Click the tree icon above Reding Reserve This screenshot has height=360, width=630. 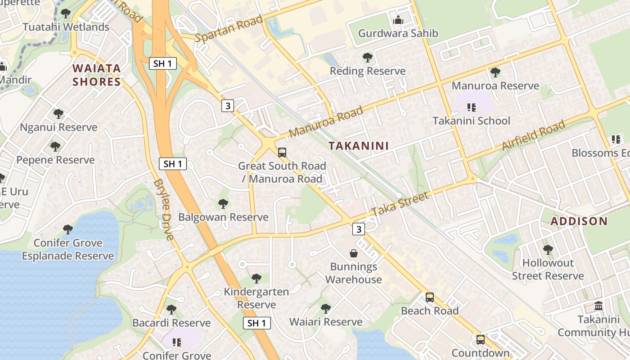point(368,58)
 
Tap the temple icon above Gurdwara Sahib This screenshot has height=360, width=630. point(398,20)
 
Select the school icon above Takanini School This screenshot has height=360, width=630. point(471,108)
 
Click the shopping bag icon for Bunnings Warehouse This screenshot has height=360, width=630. point(354,253)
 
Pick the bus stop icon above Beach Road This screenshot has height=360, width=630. point(430,297)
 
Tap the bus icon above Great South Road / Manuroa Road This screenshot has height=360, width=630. point(282,153)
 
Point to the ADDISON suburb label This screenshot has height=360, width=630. point(579,221)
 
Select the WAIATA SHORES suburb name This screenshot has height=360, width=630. point(97,75)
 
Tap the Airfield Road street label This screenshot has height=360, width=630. point(533,136)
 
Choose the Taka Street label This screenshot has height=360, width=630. point(400,204)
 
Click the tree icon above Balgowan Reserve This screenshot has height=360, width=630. point(223,204)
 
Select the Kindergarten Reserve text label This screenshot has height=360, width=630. point(256,298)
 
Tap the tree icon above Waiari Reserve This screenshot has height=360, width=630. point(326,309)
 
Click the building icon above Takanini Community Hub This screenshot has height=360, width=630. point(598,306)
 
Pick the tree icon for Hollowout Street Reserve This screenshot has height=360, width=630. point(548,249)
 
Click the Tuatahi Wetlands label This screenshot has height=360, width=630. point(66,27)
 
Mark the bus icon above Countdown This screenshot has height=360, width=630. point(481,340)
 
